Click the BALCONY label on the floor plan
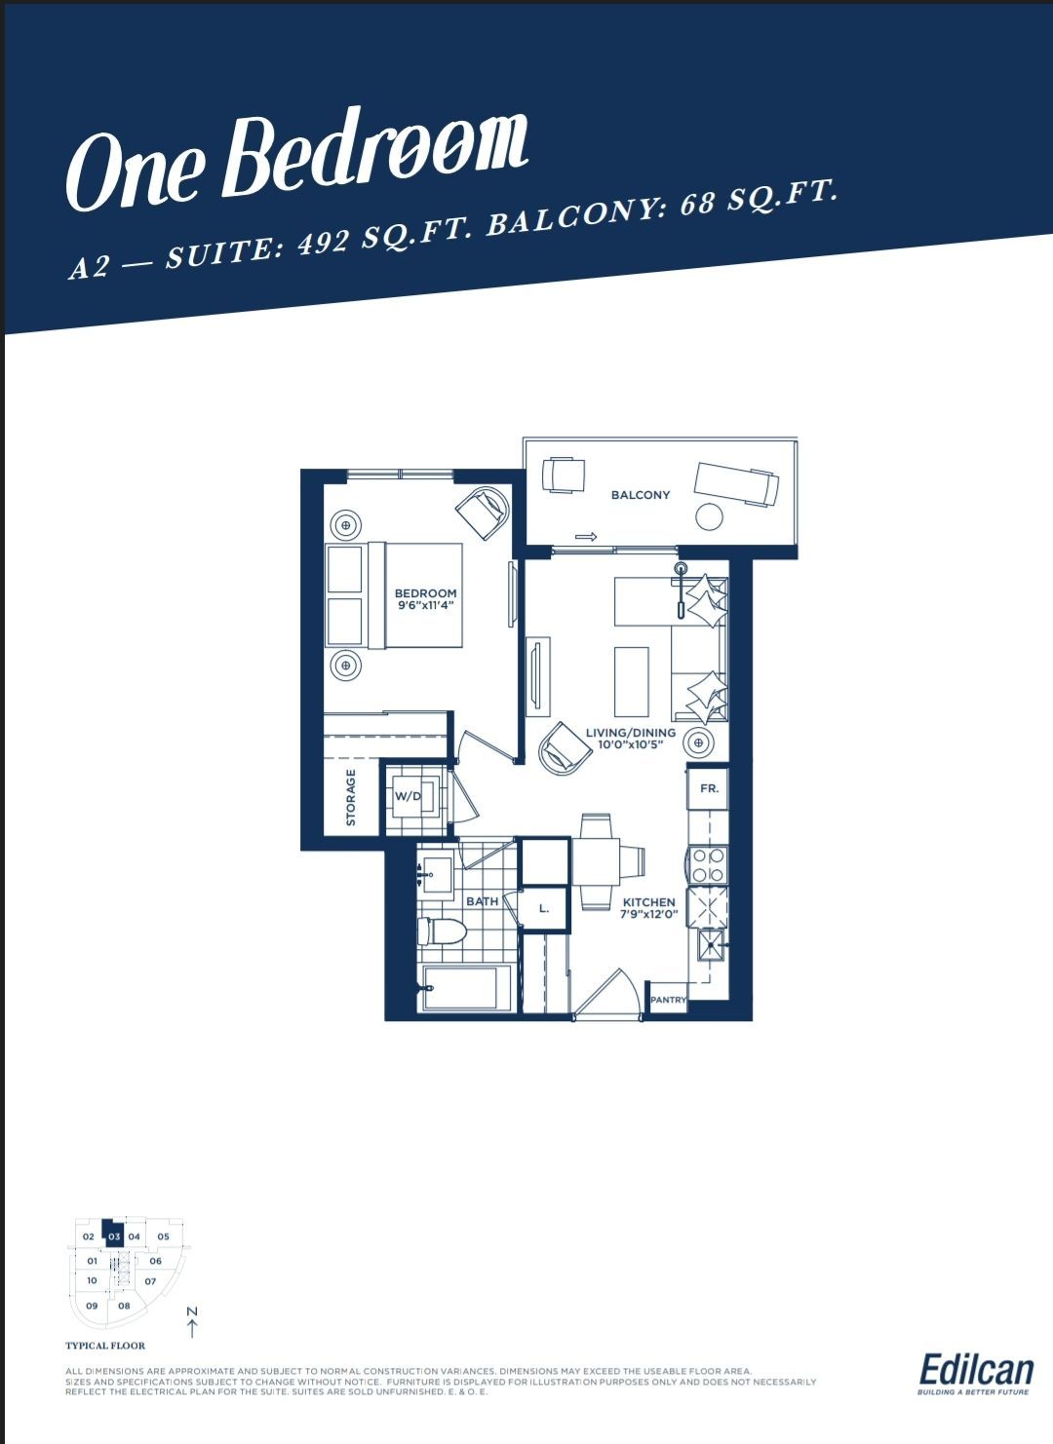[x=640, y=495]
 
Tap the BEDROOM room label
[x=425, y=593]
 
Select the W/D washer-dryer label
[x=408, y=796]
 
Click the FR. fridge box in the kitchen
[x=708, y=788]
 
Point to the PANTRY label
[x=668, y=1000]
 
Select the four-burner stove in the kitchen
[x=708, y=865]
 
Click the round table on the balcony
[x=711, y=516]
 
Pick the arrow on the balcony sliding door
[x=585, y=536]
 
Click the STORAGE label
[x=351, y=797]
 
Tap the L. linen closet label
[x=544, y=909]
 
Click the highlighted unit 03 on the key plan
[x=114, y=1236]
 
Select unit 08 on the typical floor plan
[x=124, y=1306]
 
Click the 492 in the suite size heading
[x=325, y=243]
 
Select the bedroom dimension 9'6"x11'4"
[x=425, y=606]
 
